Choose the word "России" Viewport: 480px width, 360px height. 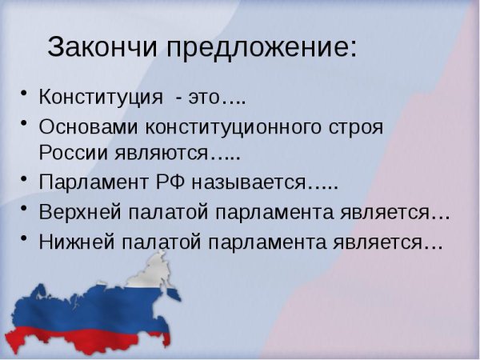(71, 152)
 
